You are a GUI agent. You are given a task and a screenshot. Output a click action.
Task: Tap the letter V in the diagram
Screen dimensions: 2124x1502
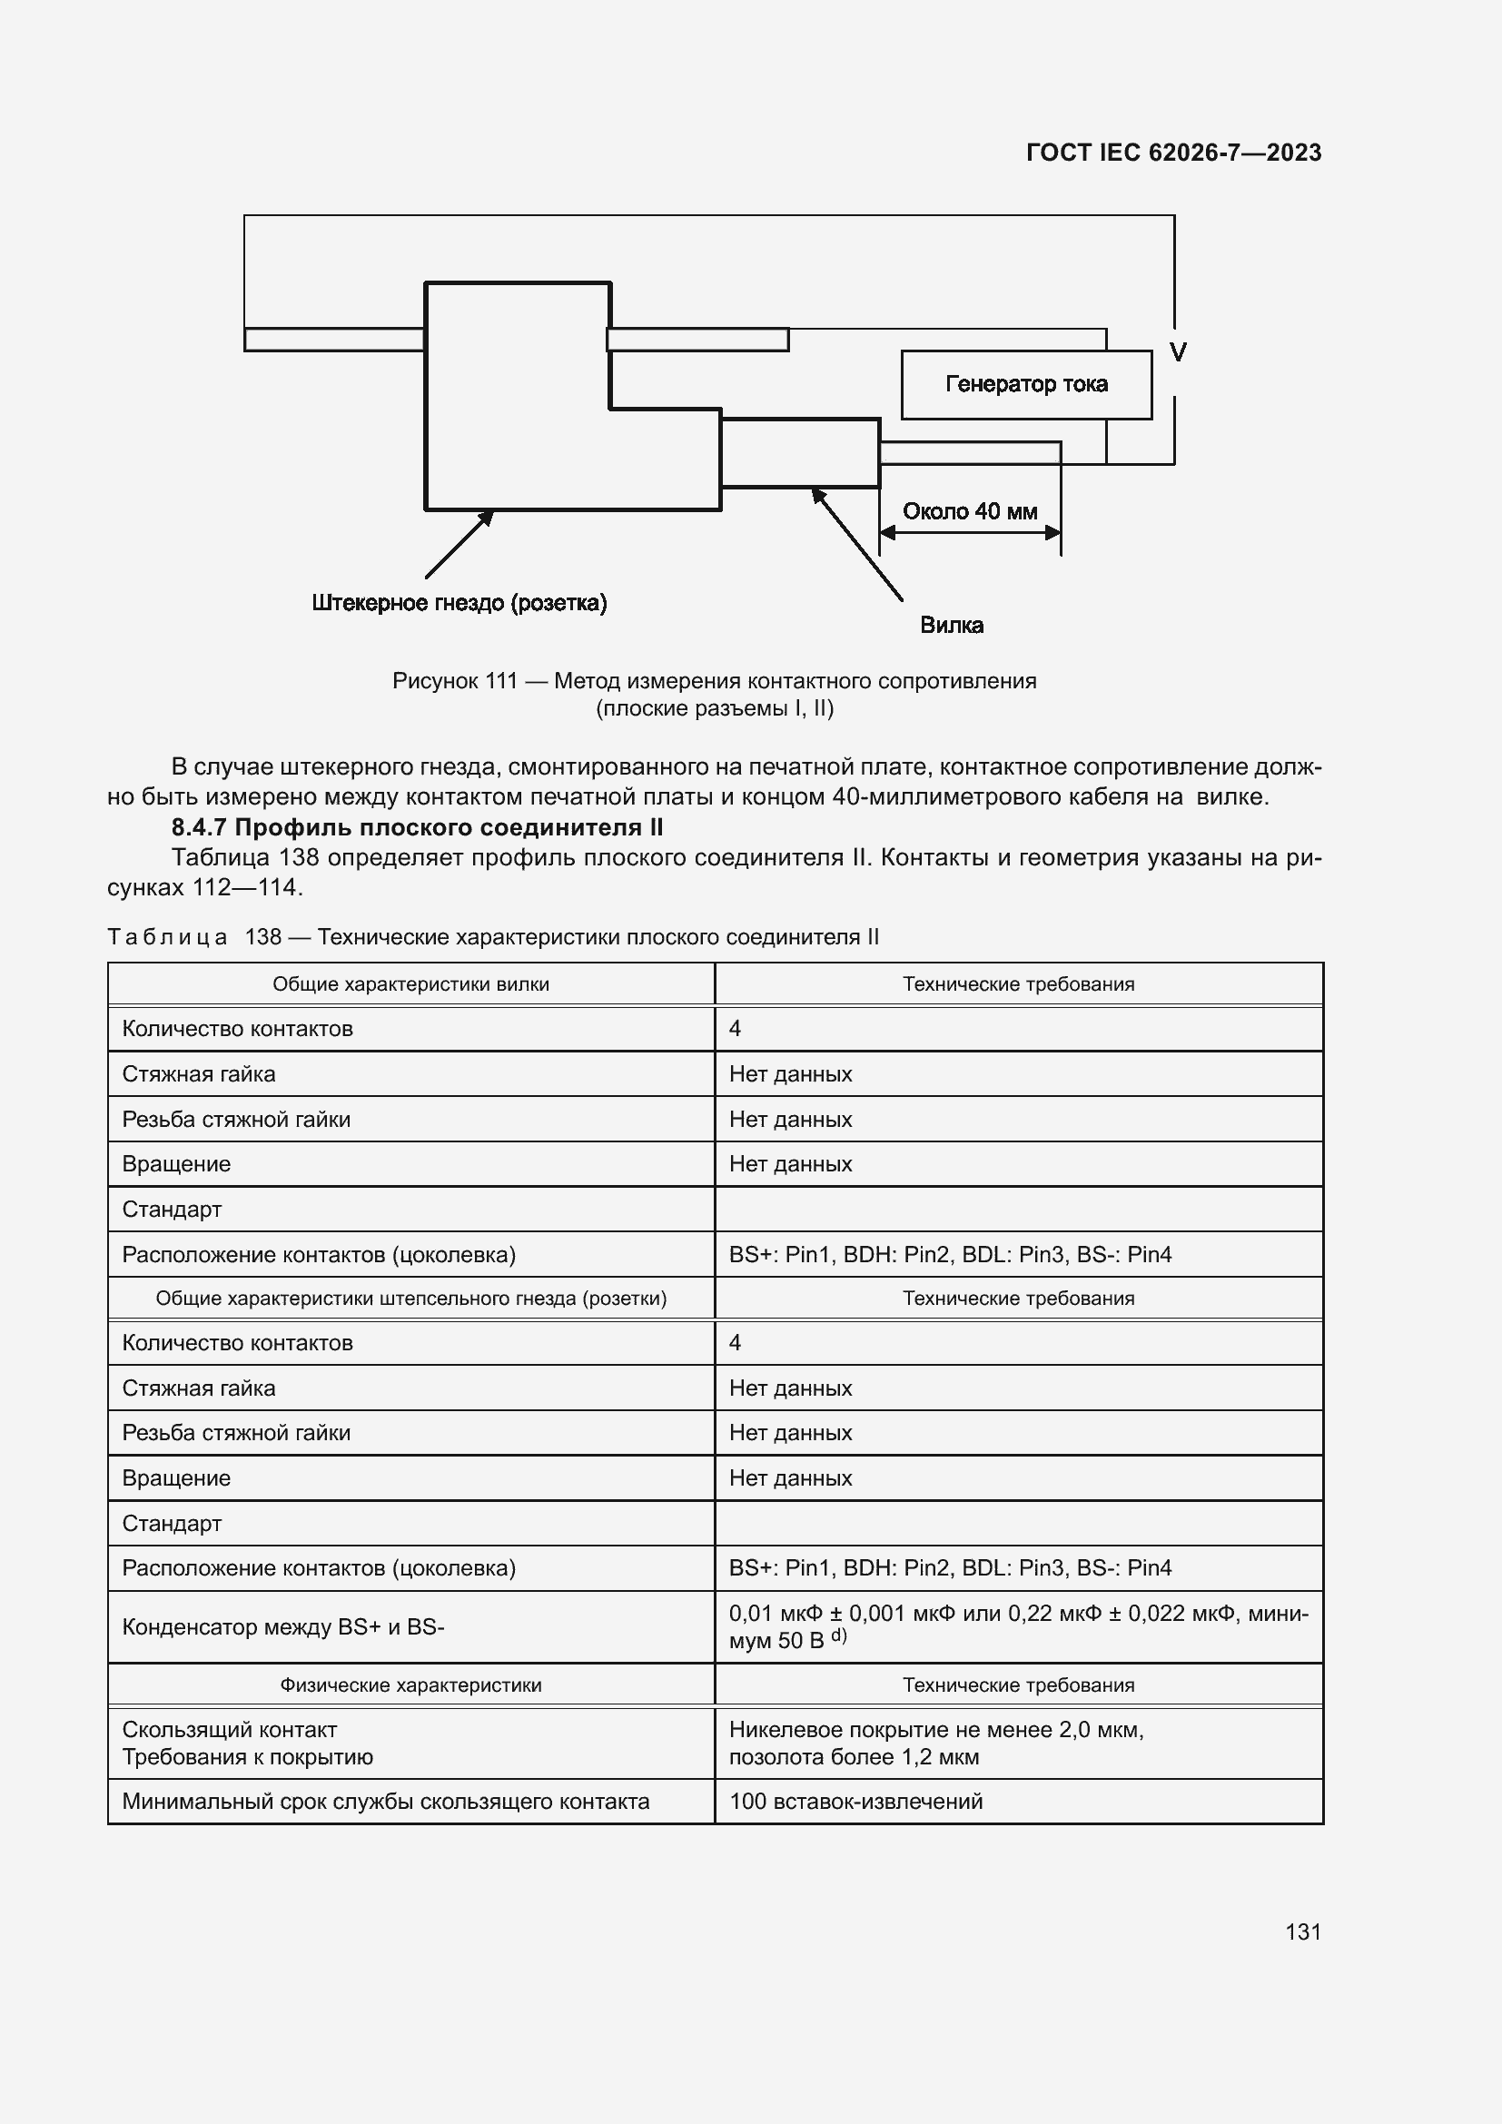[1178, 352]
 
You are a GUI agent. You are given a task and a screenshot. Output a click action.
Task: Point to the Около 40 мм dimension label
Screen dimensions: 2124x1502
[969, 511]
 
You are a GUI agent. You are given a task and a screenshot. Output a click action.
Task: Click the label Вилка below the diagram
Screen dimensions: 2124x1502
[951, 626]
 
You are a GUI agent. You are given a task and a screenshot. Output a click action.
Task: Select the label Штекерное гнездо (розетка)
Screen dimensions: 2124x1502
[459, 603]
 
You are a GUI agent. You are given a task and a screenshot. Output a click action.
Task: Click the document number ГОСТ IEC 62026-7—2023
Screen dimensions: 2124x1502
[1172, 153]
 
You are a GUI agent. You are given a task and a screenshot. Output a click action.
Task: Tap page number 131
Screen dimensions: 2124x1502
[1302, 1931]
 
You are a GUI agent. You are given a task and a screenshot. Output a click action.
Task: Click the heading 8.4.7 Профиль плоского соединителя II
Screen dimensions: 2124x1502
[417, 827]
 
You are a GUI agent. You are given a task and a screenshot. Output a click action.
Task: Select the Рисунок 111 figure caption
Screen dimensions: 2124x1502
[714, 694]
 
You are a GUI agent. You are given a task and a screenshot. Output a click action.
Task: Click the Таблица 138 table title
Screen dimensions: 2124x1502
[493, 937]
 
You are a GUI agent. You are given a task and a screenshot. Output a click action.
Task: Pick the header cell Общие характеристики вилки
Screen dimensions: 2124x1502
[410, 984]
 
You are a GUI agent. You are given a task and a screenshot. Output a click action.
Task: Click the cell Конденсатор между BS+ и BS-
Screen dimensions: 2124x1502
[283, 1626]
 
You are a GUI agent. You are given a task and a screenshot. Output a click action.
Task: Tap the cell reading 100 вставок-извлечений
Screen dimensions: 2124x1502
[855, 1801]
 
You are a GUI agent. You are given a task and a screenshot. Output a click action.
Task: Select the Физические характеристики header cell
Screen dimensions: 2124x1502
[410, 1684]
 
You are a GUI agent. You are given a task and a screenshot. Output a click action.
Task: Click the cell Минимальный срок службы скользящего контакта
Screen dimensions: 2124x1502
[386, 1801]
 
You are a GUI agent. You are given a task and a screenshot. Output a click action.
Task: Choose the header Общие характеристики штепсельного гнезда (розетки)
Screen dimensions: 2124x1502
[410, 1298]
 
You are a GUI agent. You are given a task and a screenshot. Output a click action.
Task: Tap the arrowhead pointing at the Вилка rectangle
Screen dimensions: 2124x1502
[817, 495]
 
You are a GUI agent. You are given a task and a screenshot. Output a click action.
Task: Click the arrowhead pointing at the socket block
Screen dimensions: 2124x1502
[487, 516]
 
